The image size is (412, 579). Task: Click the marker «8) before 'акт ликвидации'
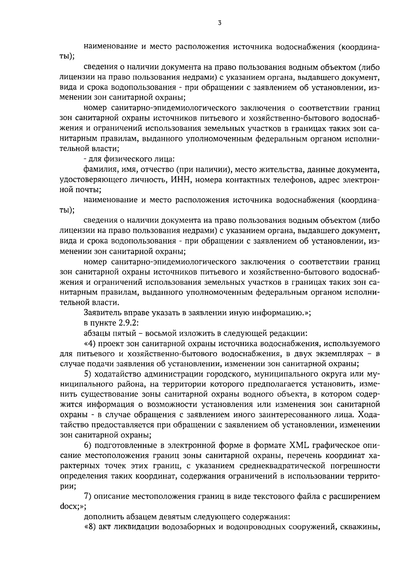pos(90,527)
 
